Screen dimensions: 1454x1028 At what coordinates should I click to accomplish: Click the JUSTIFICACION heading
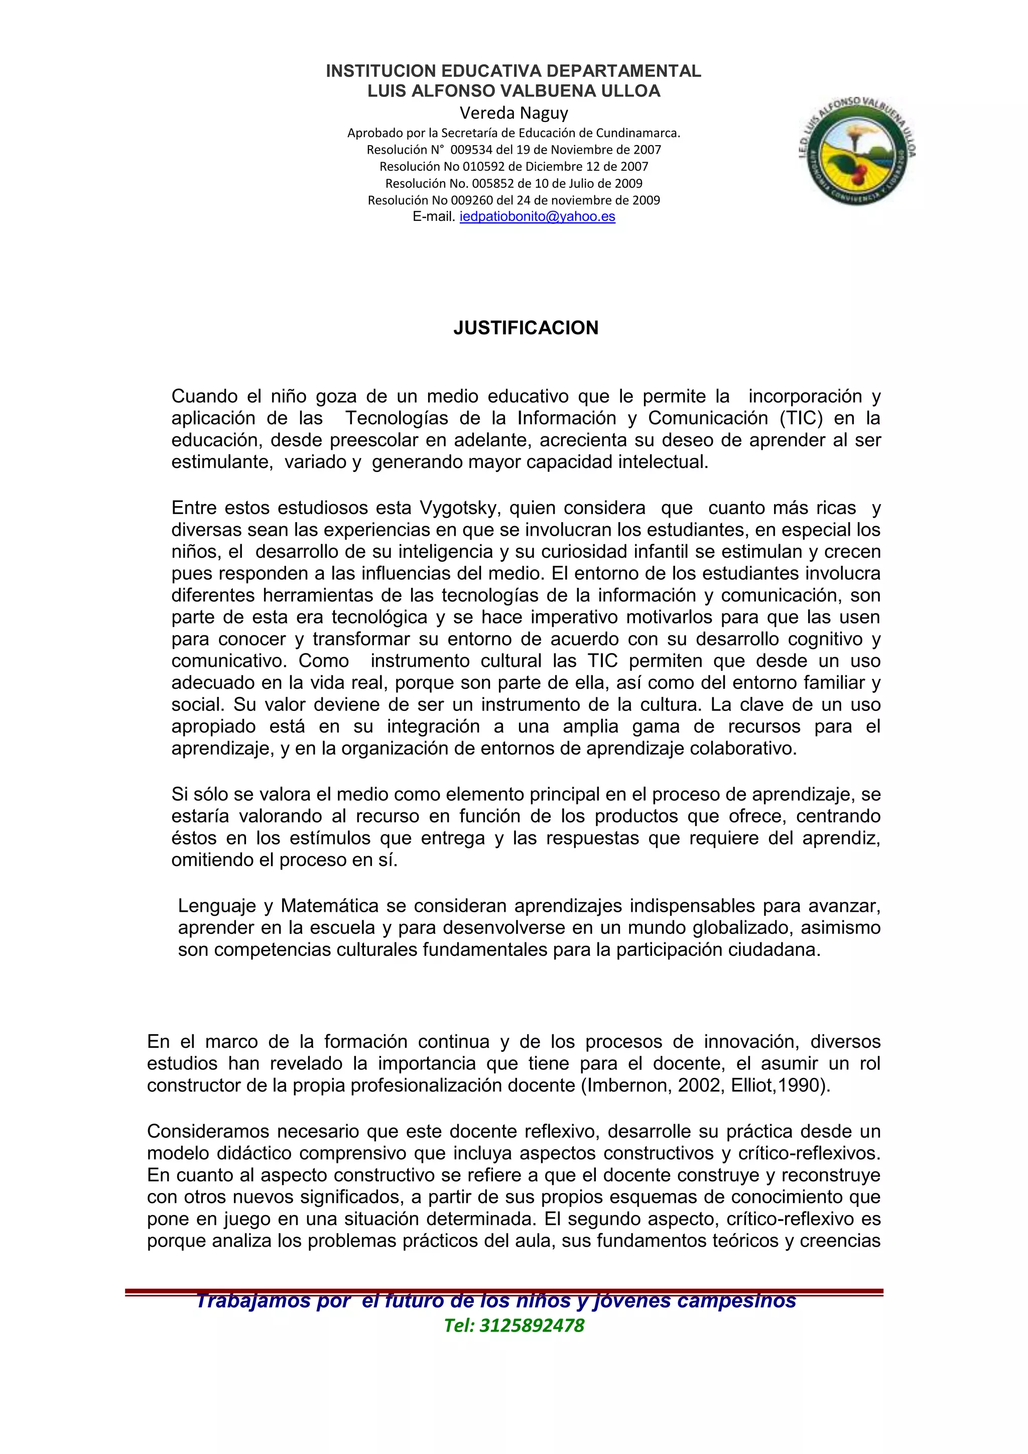pyautogui.click(x=526, y=328)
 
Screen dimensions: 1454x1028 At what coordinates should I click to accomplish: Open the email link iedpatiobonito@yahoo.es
pyautogui.click(x=538, y=216)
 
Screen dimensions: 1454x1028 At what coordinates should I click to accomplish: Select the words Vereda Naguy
pyautogui.click(x=513, y=113)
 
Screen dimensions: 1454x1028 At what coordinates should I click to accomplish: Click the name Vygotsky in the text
pyautogui.click(x=458, y=508)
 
